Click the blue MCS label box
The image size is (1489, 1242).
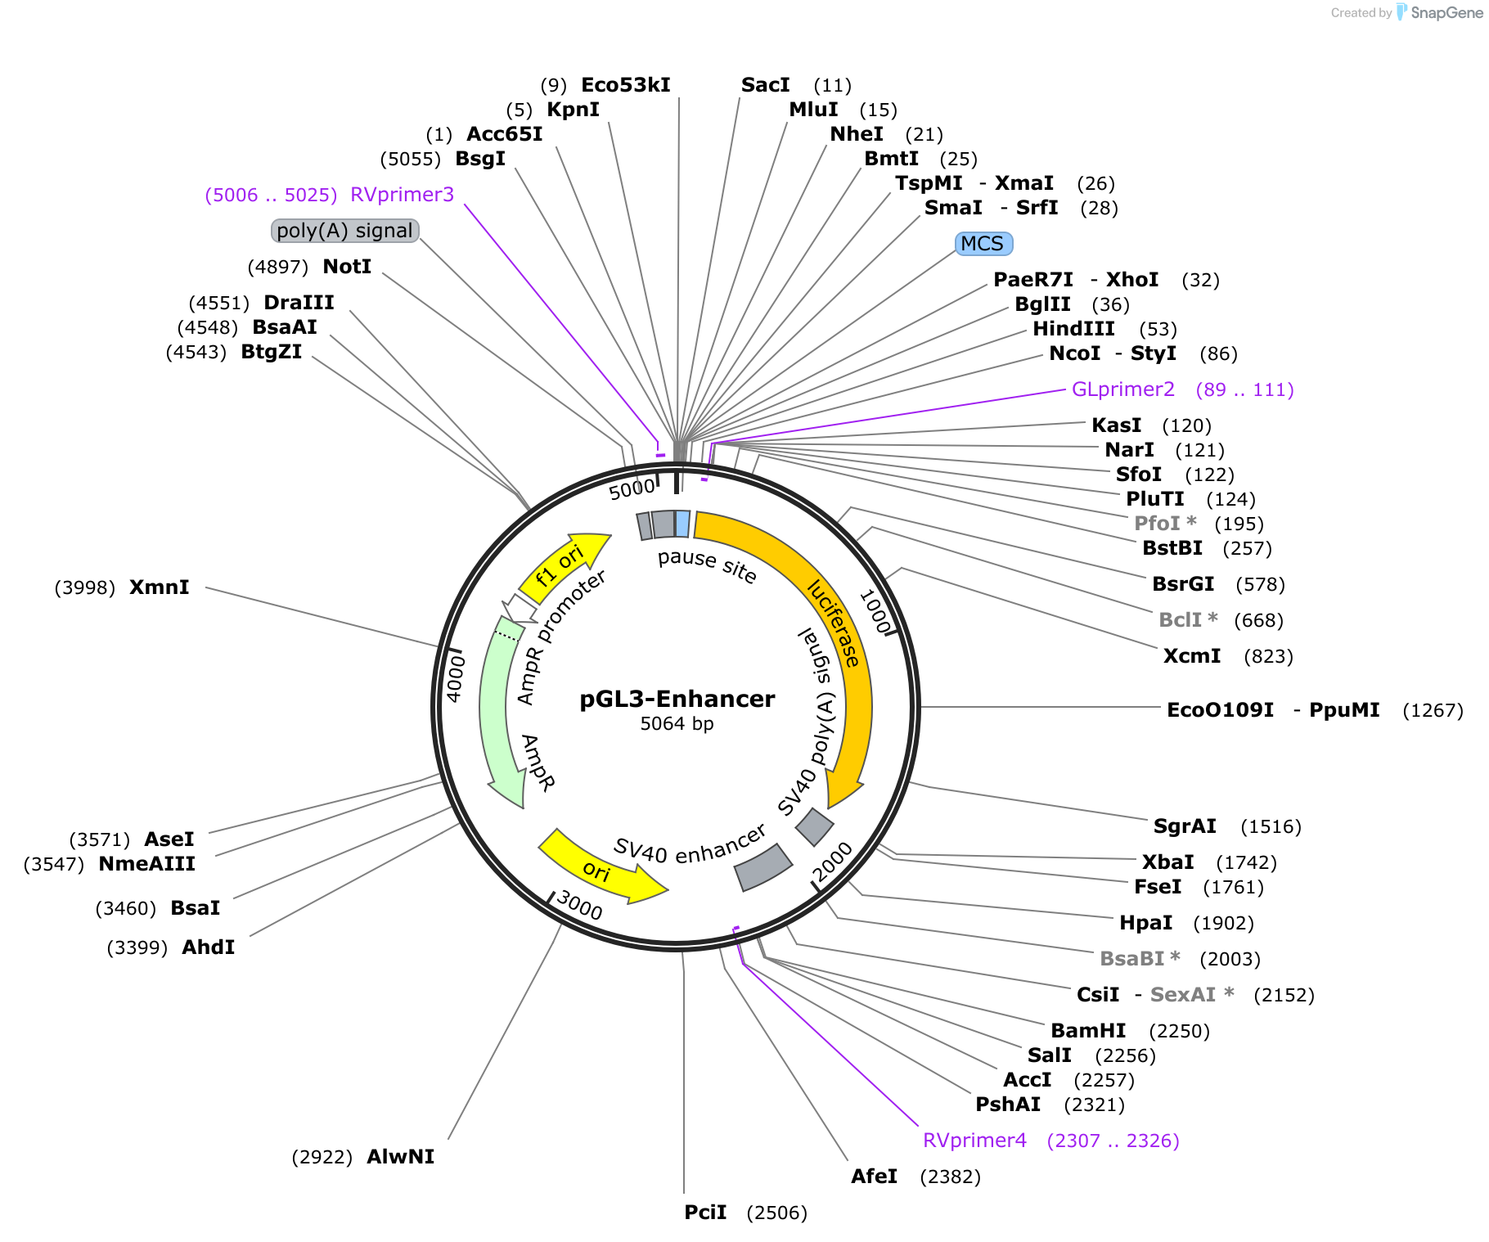pos(983,244)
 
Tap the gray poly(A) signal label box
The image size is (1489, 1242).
pos(344,231)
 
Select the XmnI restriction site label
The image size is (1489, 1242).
pos(160,587)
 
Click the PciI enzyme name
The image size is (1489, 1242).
pos(705,1213)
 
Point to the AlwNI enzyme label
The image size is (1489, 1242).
pos(400,1157)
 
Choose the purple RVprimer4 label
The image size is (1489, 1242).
pos(974,1141)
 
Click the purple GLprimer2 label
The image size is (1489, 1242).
pos(1123,389)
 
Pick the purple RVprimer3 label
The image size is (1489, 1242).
pos(402,195)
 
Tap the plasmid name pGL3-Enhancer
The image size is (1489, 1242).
pos(677,699)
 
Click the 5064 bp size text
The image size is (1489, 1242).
pos(677,724)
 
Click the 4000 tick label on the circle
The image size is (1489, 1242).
pos(455,679)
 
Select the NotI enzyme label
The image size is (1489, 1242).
pos(347,267)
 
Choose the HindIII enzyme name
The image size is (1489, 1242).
pos(1073,329)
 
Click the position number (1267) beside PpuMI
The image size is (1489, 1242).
pos(1433,710)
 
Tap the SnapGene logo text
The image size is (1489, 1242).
pos(1446,12)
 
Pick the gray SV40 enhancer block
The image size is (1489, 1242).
pos(763,867)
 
